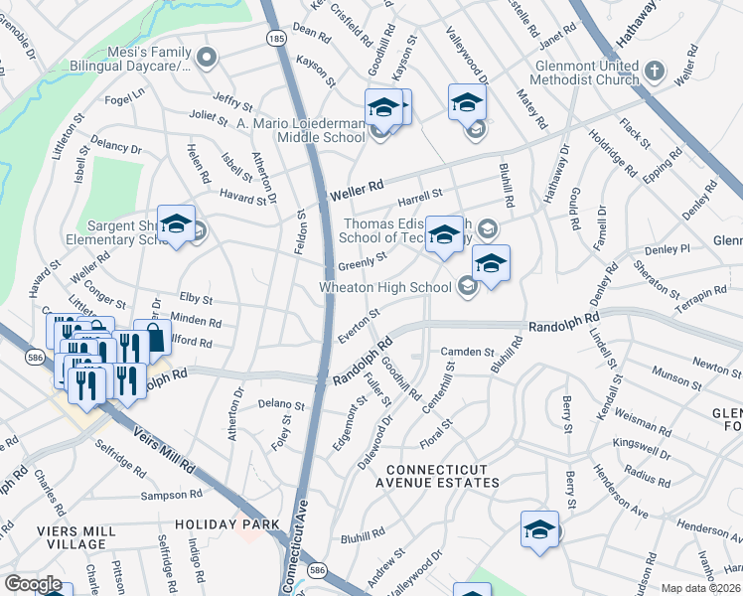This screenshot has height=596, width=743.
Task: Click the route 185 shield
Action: (273, 37)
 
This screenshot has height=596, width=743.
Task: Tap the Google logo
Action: (33, 584)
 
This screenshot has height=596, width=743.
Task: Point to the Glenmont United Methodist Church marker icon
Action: (654, 72)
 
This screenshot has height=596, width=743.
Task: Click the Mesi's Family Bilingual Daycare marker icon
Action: (207, 56)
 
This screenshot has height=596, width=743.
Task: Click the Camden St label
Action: (467, 352)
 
